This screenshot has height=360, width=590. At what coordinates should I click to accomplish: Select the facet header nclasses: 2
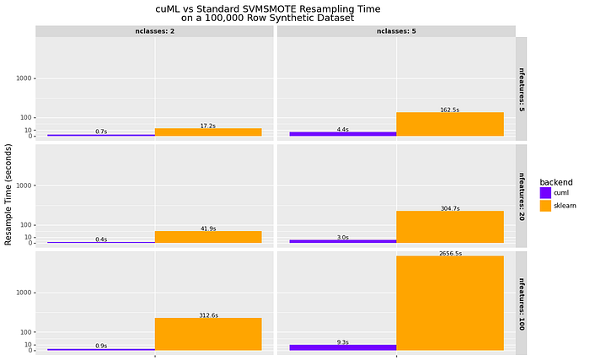coord(154,31)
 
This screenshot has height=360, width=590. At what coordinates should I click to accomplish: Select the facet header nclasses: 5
coord(395,31)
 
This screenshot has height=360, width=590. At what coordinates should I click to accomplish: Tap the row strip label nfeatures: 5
coord(521,89)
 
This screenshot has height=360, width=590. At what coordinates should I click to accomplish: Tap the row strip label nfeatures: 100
coord(521,302)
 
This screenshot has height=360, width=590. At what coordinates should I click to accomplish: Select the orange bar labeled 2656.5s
coord(450,303)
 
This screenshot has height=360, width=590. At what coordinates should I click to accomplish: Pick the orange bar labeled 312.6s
coord(208,334)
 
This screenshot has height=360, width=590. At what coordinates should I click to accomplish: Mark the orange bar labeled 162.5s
coord(450,124)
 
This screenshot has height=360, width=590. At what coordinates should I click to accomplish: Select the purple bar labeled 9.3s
coord(342,347)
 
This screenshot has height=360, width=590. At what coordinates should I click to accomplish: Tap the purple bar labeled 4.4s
coord(342,133)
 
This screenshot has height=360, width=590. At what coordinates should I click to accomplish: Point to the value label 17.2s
coord(208,126)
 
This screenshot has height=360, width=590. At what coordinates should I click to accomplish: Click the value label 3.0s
coord(342,237)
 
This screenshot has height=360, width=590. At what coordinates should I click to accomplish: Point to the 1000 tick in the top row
coord(25,78)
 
